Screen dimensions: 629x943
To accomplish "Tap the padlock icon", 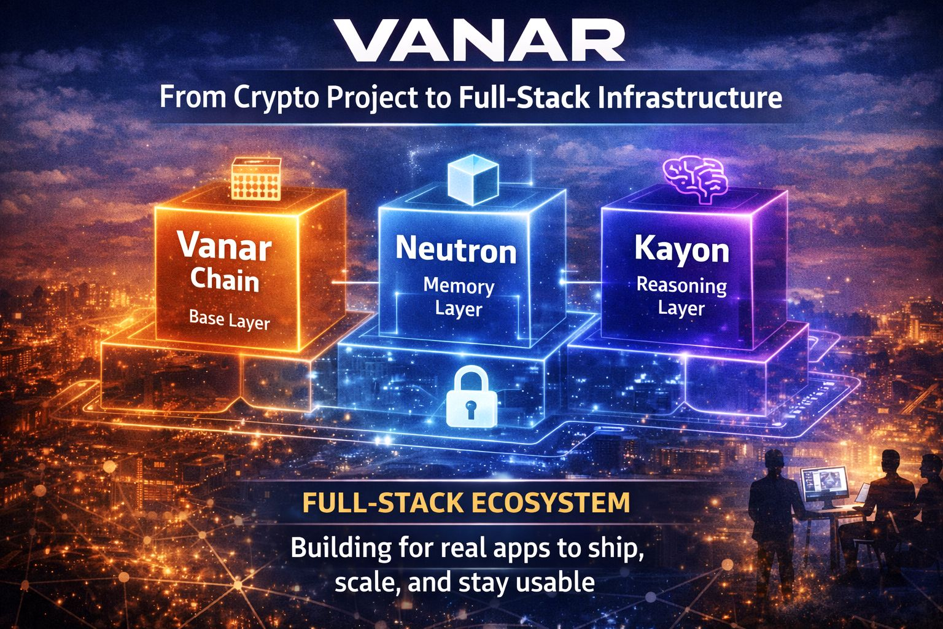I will [471, 397].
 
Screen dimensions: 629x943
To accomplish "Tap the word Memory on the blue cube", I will [459, 286].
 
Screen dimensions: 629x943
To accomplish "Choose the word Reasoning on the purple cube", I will [681, 286].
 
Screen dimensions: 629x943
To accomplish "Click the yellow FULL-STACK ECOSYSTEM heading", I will [466, 502].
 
